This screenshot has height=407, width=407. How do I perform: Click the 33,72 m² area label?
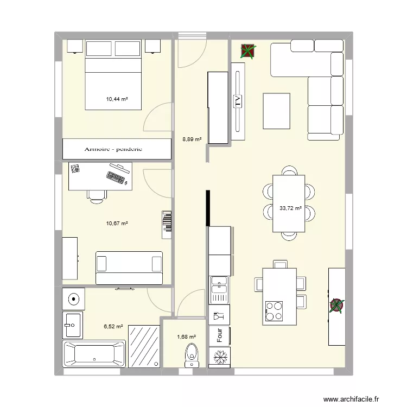click(290, 208)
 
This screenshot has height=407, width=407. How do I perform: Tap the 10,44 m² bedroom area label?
click(117, 99)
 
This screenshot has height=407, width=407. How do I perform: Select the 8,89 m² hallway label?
click(192, 139)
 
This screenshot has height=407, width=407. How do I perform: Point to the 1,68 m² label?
click(186, 336)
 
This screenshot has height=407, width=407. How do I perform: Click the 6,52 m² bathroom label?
click(113, 327)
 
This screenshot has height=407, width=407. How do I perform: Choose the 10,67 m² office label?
click(117, 223)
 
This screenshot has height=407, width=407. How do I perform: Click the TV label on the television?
click(237, 101)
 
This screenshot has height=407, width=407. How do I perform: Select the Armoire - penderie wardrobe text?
click(113, 149)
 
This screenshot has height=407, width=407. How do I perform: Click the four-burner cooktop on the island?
click(274, 310)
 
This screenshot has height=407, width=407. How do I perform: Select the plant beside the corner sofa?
click(248, 51)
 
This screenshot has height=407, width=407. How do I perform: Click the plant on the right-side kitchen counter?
click(336, 306)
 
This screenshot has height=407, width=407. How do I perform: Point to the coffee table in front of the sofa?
click(277, 111)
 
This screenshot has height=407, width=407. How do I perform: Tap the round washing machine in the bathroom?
click(73, 298)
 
